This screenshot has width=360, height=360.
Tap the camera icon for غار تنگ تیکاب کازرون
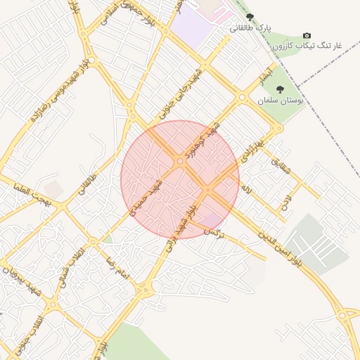[x=307, y=35]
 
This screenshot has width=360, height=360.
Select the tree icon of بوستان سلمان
[x=280, y=90]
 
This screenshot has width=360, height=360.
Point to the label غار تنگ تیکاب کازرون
[x=309, y=46]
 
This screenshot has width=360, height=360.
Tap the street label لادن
[x=285, y=205]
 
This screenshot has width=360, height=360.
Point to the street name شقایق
[x=279, y=166]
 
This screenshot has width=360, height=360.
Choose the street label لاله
[x=245, y=190]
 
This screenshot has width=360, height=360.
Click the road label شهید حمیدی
[x=150, y=195]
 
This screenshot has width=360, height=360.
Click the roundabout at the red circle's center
[x=180, y=162]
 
